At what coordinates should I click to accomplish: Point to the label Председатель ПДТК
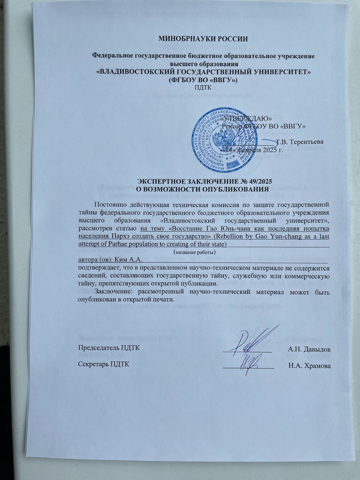pyautogui.click(x=109, y=348)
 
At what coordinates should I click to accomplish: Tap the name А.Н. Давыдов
pyautogui.click(x=309, y=349)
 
